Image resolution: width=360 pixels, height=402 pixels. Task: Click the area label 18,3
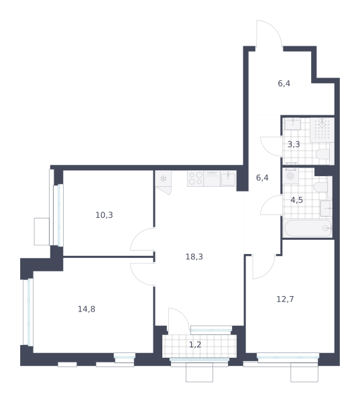pos(194,257)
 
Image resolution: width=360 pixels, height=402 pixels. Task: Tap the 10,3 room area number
pos(104,215)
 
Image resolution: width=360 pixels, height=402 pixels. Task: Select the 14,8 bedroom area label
pos(86,309)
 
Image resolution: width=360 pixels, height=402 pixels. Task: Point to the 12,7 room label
pos(285,299)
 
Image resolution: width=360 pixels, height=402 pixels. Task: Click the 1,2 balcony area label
pos(195,345)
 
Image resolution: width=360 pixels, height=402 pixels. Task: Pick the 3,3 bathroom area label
pos(294,144)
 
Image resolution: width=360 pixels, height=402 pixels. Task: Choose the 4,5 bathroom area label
pos(296,200)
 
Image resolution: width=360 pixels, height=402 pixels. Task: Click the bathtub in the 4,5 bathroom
pos(308,228)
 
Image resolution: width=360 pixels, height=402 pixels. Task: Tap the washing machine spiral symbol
pos(291,176)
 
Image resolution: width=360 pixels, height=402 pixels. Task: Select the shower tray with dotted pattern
pos(322,130)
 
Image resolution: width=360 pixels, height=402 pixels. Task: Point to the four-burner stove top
pos(196,178)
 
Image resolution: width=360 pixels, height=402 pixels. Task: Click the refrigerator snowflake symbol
pos(163,179)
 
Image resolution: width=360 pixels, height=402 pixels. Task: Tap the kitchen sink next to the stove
pos(228,179)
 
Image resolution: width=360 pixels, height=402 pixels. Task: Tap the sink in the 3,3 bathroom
pos(292,124)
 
